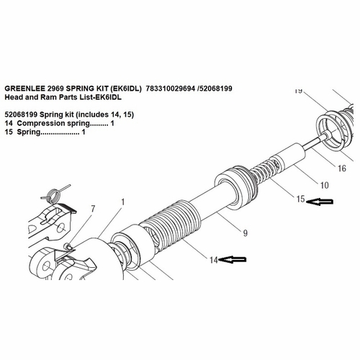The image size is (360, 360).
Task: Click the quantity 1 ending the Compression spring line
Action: (x=112, y=124)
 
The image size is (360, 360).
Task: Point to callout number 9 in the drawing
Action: (x=245, y=232)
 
